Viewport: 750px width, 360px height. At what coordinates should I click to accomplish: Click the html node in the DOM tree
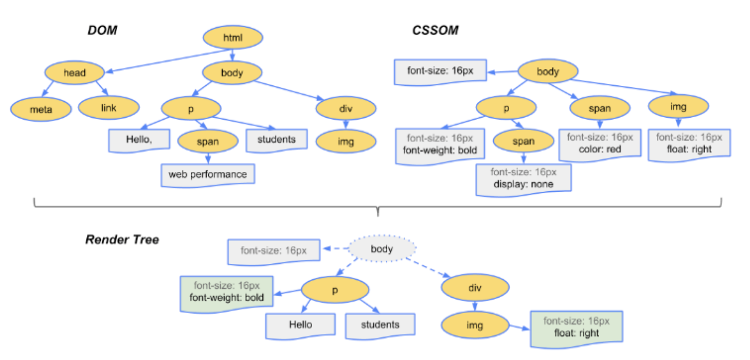point(233,37)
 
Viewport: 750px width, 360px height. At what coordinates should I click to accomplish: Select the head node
point(74,73)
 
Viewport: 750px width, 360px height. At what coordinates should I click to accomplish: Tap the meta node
point(41,109)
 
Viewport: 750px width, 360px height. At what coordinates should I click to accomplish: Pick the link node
point(108,108)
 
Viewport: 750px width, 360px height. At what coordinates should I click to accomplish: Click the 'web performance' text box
point(208,174)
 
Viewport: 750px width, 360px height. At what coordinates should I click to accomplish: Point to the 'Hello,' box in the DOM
point(139,139)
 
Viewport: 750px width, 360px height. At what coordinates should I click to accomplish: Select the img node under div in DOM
point(346,141)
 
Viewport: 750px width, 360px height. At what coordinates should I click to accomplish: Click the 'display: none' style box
point(523,178)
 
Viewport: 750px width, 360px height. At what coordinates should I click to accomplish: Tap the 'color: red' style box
point(600,143)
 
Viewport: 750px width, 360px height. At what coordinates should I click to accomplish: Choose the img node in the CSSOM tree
point(678,107)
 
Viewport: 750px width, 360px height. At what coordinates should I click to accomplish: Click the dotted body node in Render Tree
point(382,249)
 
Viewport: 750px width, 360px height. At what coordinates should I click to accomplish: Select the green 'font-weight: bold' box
point(227,293)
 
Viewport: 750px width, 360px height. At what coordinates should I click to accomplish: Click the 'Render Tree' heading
point(122,240)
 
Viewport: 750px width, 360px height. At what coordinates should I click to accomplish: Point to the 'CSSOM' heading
point(435,31)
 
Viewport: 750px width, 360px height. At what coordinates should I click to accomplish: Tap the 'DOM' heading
point(102,31)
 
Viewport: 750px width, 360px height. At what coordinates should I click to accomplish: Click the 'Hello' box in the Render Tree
point(300,325)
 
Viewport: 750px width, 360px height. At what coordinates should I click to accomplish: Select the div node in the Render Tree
point(475,288)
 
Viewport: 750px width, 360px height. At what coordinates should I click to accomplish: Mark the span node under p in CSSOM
point(523,141)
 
